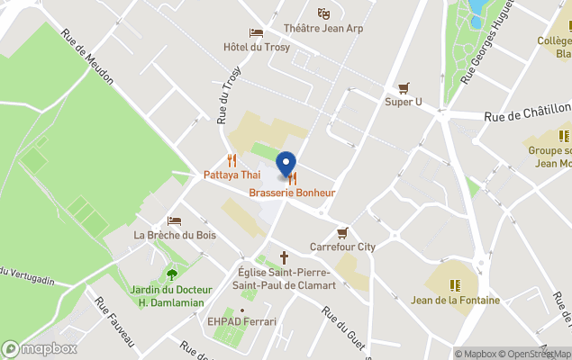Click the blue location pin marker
286,165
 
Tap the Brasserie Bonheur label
292,193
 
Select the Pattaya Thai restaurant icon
232,160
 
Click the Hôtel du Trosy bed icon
257,32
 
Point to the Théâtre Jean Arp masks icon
323,13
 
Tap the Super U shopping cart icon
404,88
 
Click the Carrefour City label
342,246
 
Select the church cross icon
285,256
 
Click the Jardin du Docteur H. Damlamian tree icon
172,274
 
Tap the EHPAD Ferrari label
241,321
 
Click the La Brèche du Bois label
175,236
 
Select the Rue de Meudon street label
87,58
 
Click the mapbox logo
40,348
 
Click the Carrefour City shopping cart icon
342,231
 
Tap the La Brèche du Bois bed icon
175,220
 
